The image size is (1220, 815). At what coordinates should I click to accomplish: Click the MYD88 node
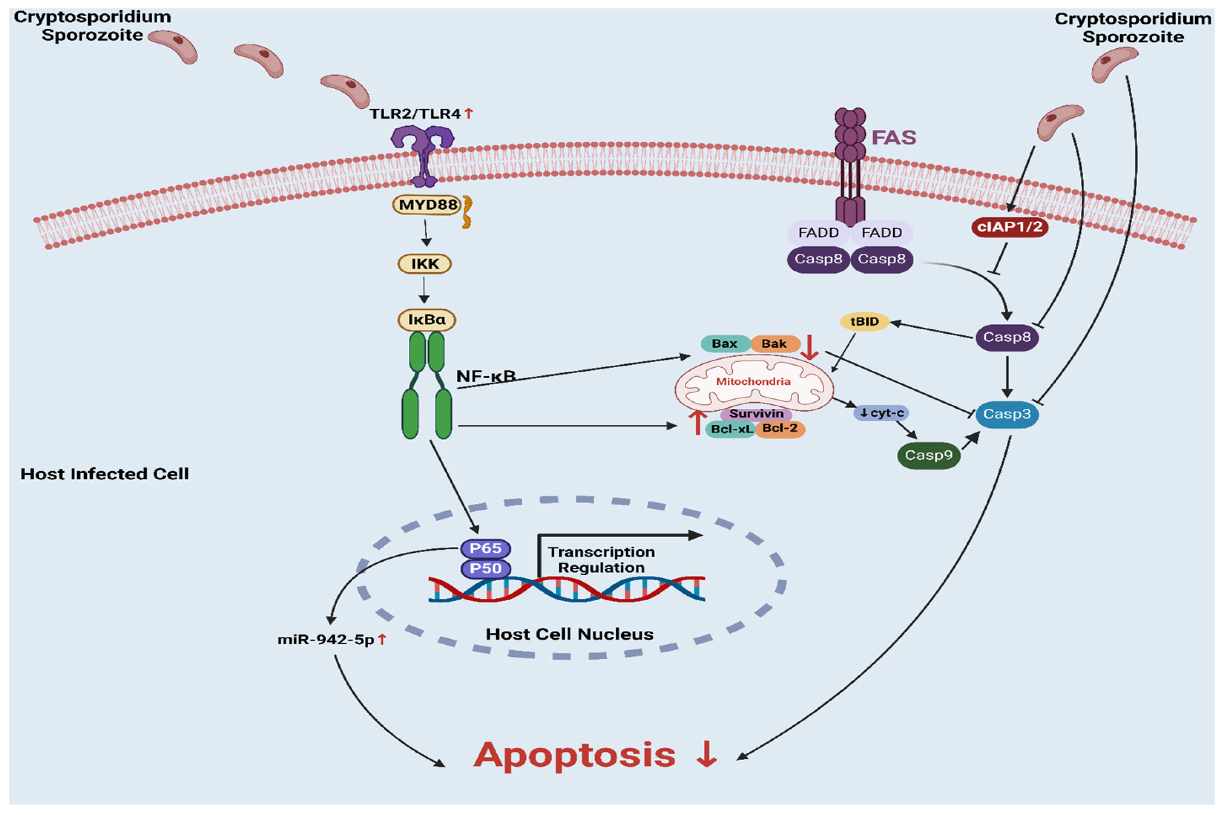pyautogui.click(x=427, y=205)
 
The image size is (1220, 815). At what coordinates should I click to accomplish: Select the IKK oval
pyautogui.click(x=424, y=264)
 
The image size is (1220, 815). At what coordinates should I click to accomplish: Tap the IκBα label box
pyautogui.click(x=427, y=320)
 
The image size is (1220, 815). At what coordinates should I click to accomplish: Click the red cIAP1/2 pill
pyautogui.click(x=1009, y=227)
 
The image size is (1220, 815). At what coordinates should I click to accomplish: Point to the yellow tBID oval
pyautogui.click(x=864, y=322)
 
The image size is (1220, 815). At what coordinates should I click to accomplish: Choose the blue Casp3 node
pyautogui.click(x=1006, y=414)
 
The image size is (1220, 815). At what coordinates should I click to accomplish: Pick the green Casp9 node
pyautogui.click(x=928, y=455)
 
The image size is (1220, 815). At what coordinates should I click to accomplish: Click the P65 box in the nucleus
pyautogui.click(x=485, y=548)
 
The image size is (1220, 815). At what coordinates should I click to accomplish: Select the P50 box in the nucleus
pyautogui.click(x=485, y=568)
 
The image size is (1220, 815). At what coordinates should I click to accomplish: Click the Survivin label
pyautogui.click(x=756, y=414)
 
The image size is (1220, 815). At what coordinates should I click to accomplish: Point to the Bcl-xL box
pyautogui.click(x=730, y=429)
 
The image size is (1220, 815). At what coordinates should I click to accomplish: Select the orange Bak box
pyautogui.click(x=774, y=344)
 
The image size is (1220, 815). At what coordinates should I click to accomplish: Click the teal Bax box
pyautogui.click(x=725, y=344)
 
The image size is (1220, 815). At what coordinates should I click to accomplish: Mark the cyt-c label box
pyautogui.click(x=881, y=413)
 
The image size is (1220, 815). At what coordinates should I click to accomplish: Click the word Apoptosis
pyautogui.click(x=574, y=755)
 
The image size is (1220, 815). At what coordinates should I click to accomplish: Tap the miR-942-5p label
pyautogui.click(x=326, y=640)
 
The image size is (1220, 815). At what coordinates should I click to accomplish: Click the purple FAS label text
pyautogui.click(x=893, y=138)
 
